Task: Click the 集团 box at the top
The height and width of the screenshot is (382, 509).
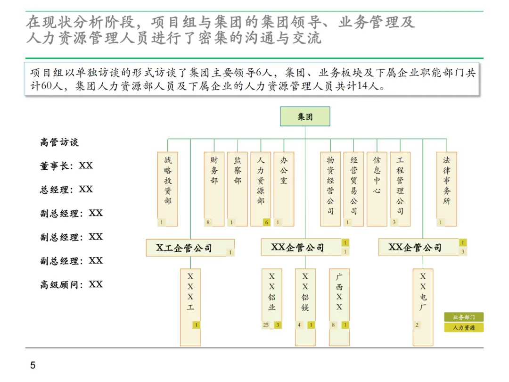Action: pos(305,116)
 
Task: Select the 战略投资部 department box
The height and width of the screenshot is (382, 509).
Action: pos(168,189)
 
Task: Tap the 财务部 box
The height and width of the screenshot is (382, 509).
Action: pos(214,189)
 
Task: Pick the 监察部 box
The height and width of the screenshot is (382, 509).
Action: pos(237,189)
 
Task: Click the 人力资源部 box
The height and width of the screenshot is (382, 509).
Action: pos(261,189)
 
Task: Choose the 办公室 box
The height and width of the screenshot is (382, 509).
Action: pos(284,189)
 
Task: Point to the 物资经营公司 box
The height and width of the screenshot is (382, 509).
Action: pos(330,189)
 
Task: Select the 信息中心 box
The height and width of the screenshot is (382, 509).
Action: pos(377,189)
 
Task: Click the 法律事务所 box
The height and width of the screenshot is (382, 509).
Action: pos(446,189)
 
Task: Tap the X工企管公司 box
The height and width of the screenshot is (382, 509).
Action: pos(190,248)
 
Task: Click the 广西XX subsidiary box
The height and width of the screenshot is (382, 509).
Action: pos(339,307)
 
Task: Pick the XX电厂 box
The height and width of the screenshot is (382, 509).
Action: pos(423,307)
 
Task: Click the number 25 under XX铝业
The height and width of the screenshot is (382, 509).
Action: pos(266,325)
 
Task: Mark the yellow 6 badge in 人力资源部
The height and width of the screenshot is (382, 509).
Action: pos(266,222)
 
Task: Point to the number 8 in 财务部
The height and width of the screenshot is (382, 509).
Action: pos(208,222)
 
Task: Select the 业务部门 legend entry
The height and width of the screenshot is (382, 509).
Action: pos(464,317)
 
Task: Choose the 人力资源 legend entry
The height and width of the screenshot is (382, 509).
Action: pos(464,327)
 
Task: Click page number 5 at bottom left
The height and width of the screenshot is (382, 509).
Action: pos(33,365)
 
